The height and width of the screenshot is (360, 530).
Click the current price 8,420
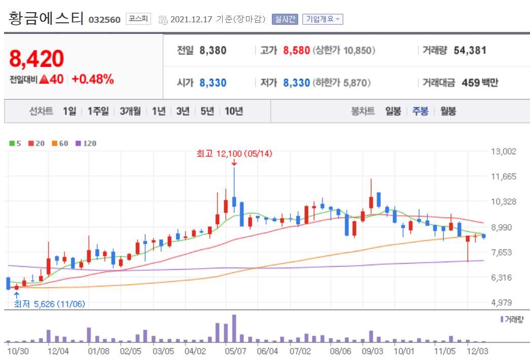[37, 59]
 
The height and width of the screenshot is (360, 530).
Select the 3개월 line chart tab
[130, 112]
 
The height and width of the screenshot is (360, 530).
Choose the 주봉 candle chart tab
[420, 112]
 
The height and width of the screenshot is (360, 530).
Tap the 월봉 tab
[448, 112]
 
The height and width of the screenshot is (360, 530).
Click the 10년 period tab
[234, 112]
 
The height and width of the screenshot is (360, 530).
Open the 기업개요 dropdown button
[323, 20]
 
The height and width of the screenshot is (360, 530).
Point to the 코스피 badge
[138, 19]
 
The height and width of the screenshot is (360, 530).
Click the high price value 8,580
[296, 51]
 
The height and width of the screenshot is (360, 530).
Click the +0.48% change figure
[92, 79]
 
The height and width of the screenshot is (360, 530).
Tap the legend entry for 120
[86, 143]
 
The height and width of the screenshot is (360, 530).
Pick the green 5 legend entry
[15, 143]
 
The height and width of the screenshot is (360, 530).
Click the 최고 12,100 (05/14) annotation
[234, 154]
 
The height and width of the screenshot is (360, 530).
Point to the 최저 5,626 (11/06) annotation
[49, 304]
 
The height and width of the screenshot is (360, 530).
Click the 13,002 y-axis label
[503, 151]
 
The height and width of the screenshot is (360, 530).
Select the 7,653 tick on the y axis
[503, 252]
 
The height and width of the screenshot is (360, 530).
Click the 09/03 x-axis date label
[373, 350]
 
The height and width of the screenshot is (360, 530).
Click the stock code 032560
[104, 20]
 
